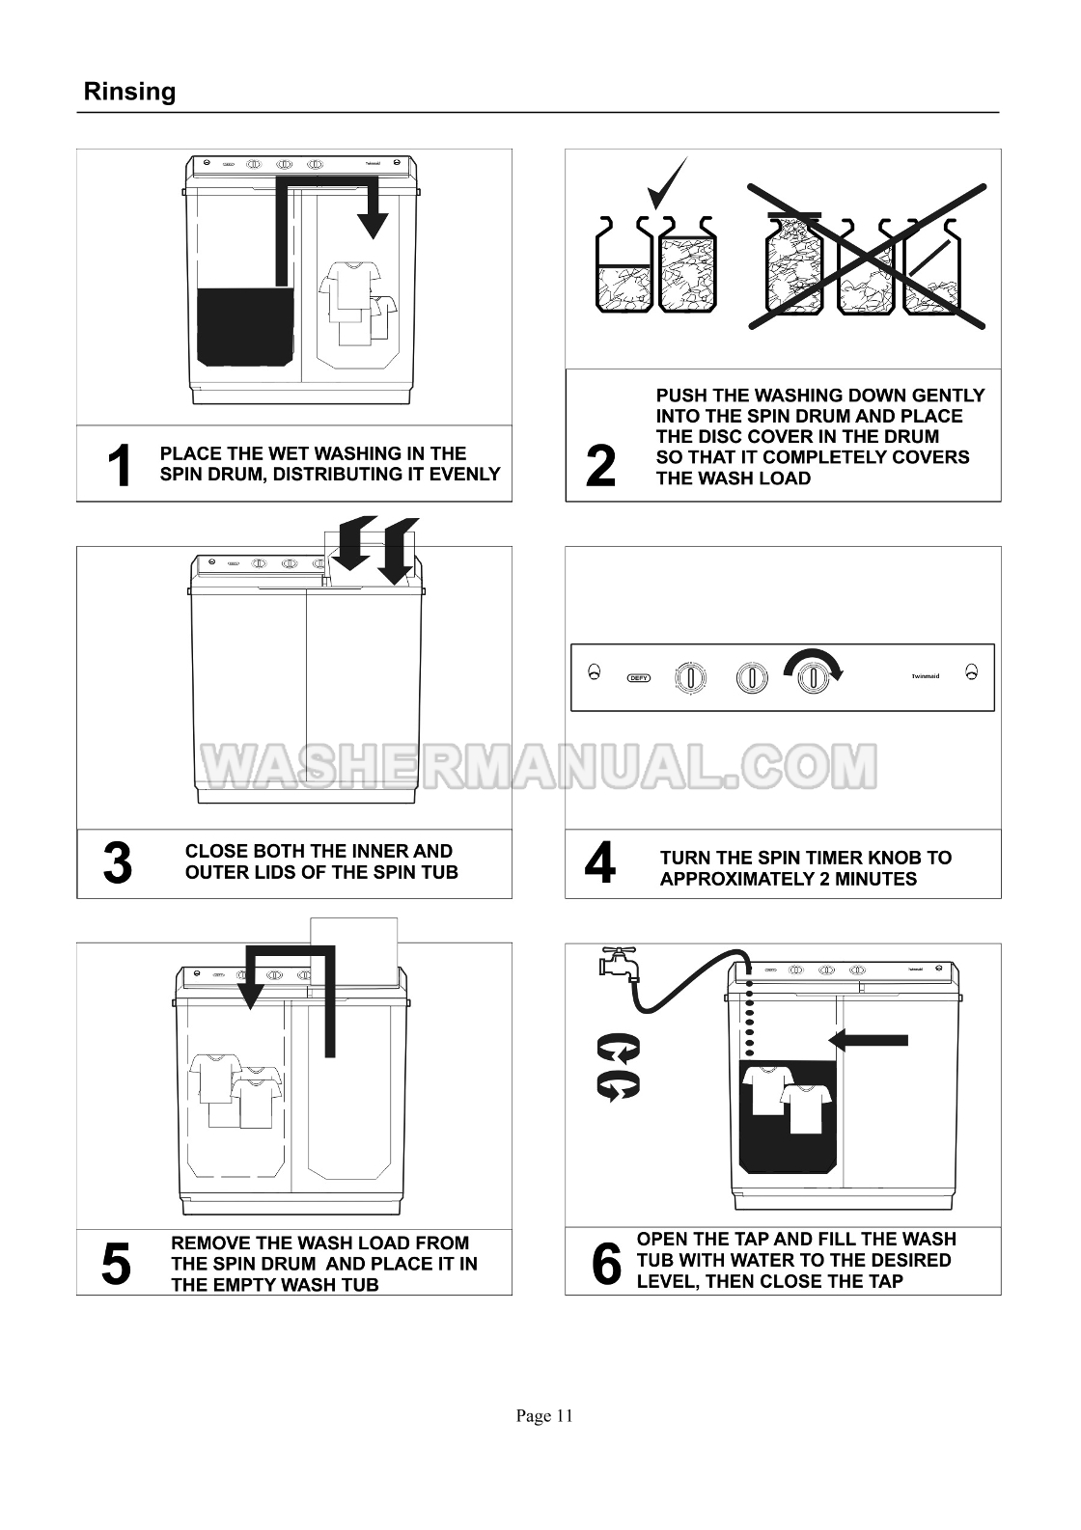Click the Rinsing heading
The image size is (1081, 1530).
[x=129, y=92]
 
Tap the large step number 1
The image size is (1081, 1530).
[x=120, y=465]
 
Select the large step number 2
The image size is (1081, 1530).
[x=600, y=466]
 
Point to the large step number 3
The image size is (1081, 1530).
[x=118, y=863]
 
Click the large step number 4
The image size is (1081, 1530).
[x=600, y=862]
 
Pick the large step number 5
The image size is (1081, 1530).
[x=116, y=1264]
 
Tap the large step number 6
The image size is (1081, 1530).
[x=606, y=1264]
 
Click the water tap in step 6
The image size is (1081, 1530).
[x=619, y=963]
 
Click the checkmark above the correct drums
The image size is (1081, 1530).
[x=667, y=182]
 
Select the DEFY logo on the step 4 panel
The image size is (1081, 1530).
[x=639, y=678]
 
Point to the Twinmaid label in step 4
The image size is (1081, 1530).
[x=926, y=676]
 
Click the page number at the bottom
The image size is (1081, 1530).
[x=544, y=1416]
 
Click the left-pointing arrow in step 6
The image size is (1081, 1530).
[x=868, y=1040]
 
